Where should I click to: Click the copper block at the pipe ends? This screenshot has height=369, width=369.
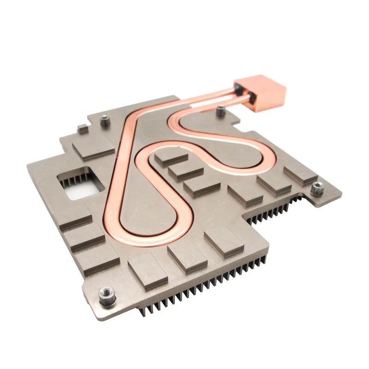tap(261, 94)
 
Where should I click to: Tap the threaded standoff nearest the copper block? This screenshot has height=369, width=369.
tap(221, 110)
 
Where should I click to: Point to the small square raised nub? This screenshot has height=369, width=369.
tap(83, 129)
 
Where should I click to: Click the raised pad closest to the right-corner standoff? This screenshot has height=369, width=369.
tap(300, 175)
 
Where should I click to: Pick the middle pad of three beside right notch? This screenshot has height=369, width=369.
tap(274, 184)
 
